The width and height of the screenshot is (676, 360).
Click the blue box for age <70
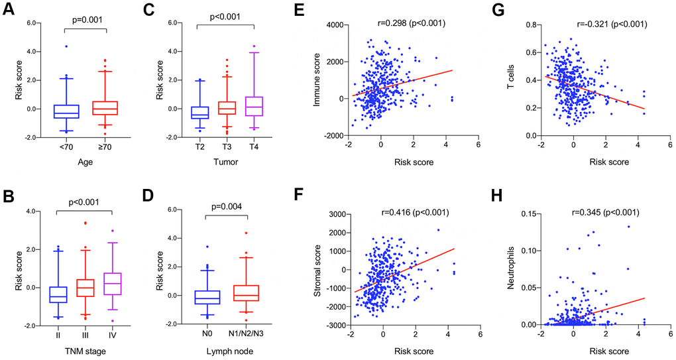[66, 111]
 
